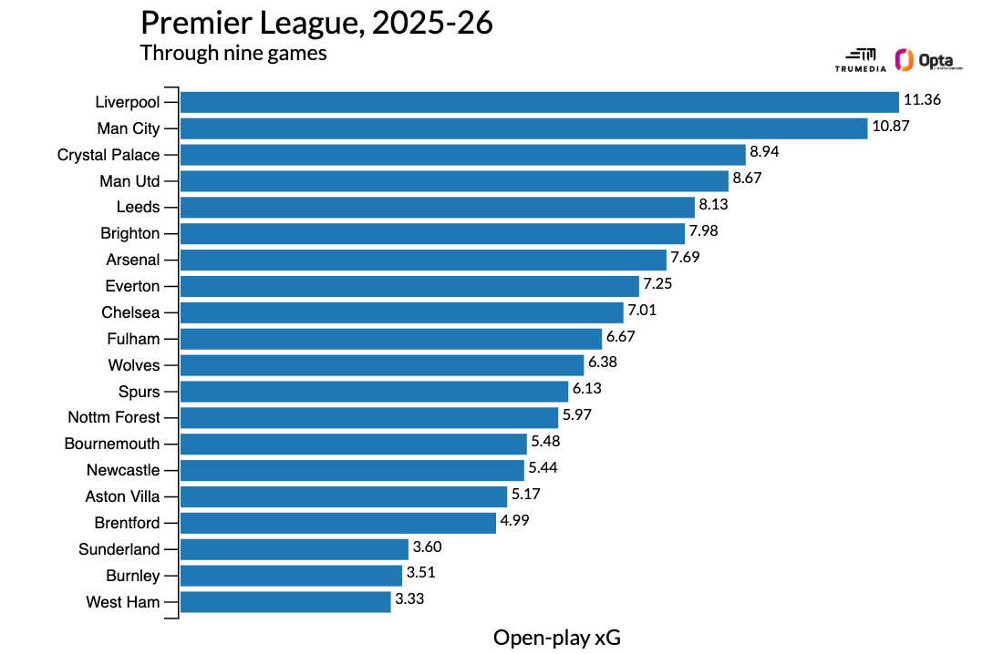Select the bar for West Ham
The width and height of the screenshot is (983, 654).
(x=285, y=602)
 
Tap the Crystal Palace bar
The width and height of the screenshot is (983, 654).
(x=463, y=155)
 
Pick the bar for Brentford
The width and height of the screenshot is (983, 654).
(x=338, y=523)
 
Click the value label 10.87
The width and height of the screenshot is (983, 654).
(x=891, y=128)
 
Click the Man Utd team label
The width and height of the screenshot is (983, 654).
(x=129, y=181)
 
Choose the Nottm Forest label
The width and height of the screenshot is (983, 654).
(x=114, y=417)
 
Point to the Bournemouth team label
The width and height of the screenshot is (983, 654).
(x=112, y=444)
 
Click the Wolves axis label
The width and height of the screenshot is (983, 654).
(x=133, y=365)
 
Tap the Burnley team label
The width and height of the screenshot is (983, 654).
(x=132, y=576)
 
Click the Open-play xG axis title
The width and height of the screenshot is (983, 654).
(x=556, y=637)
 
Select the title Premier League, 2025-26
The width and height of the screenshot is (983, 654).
(x=316, y=24)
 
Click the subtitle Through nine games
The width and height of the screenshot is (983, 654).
(x=233, y=53)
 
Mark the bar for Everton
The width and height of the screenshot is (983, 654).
(x=409, y=286)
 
